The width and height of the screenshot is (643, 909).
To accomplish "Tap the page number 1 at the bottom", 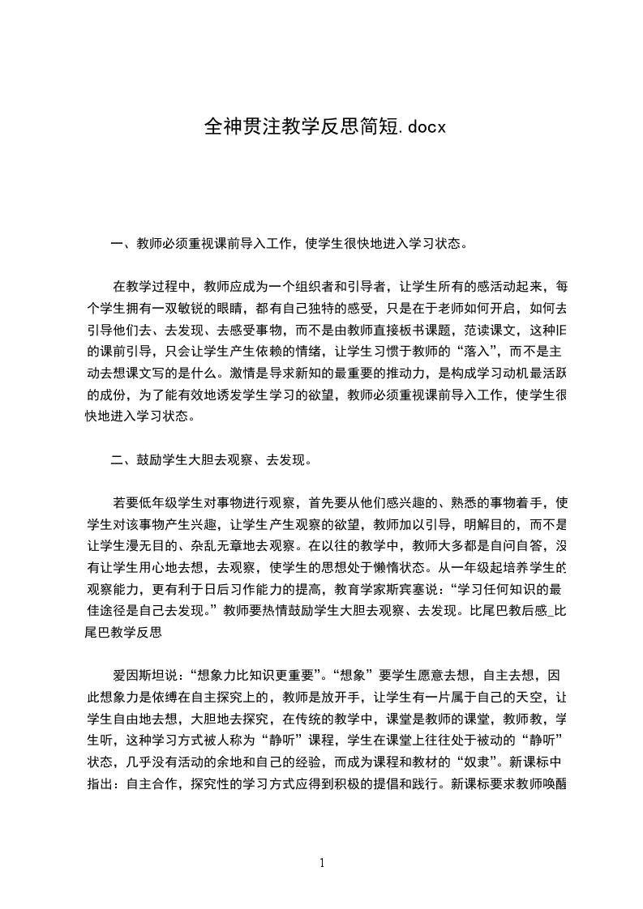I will coord(322,863).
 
